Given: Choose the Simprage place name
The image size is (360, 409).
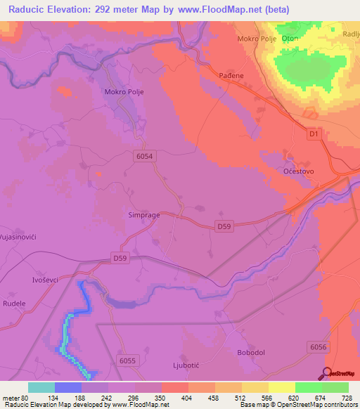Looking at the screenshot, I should click(145, 216).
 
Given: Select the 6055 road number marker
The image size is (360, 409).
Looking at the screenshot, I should click(127, 361).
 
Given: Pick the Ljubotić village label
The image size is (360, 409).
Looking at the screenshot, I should click(186, 365).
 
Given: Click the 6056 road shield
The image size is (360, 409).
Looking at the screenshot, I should click(319, 347).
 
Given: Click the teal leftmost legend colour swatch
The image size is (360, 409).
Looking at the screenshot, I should click(41, 387).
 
